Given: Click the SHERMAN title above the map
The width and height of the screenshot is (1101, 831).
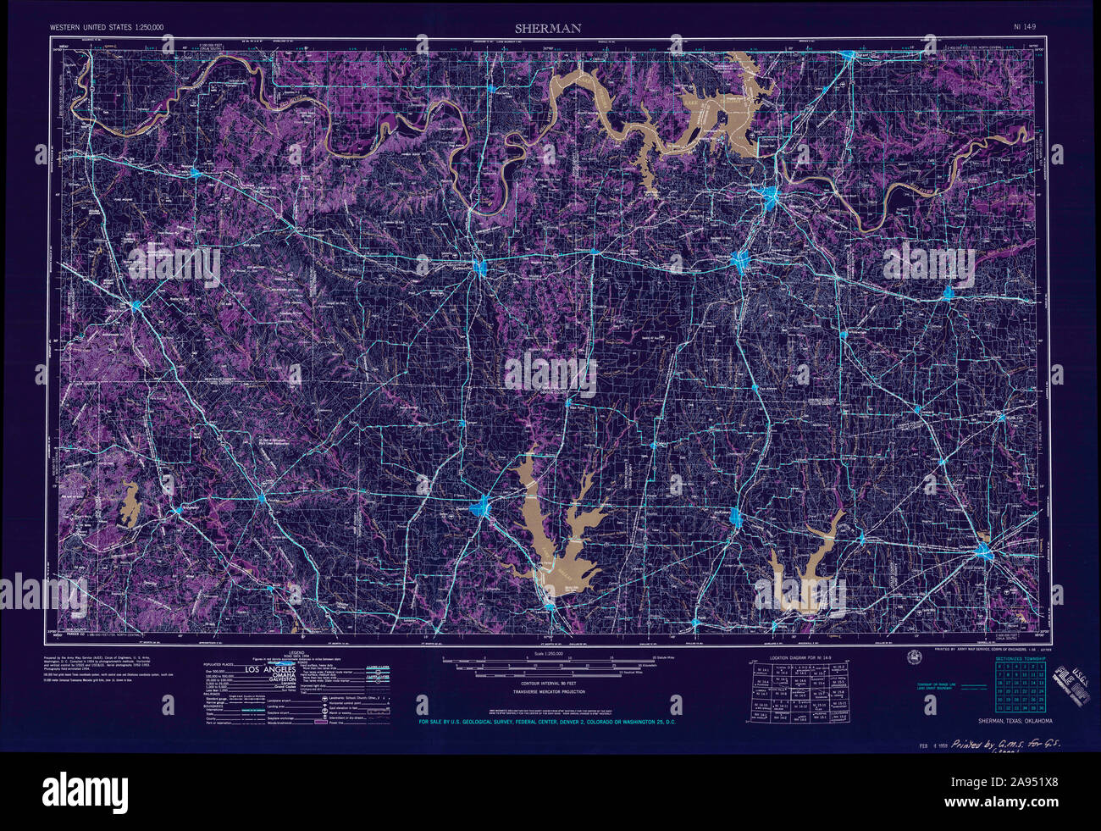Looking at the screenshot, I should pos(548,28).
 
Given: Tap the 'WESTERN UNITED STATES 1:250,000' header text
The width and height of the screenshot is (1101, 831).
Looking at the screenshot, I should pos(107,28).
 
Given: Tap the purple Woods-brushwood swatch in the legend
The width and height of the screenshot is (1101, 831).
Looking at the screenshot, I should pos(321,722).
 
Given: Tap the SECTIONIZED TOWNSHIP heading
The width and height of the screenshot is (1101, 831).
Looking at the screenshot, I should pos(1021,658).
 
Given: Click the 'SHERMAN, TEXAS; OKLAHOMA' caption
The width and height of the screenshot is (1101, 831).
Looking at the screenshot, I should pos(1015,721).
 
